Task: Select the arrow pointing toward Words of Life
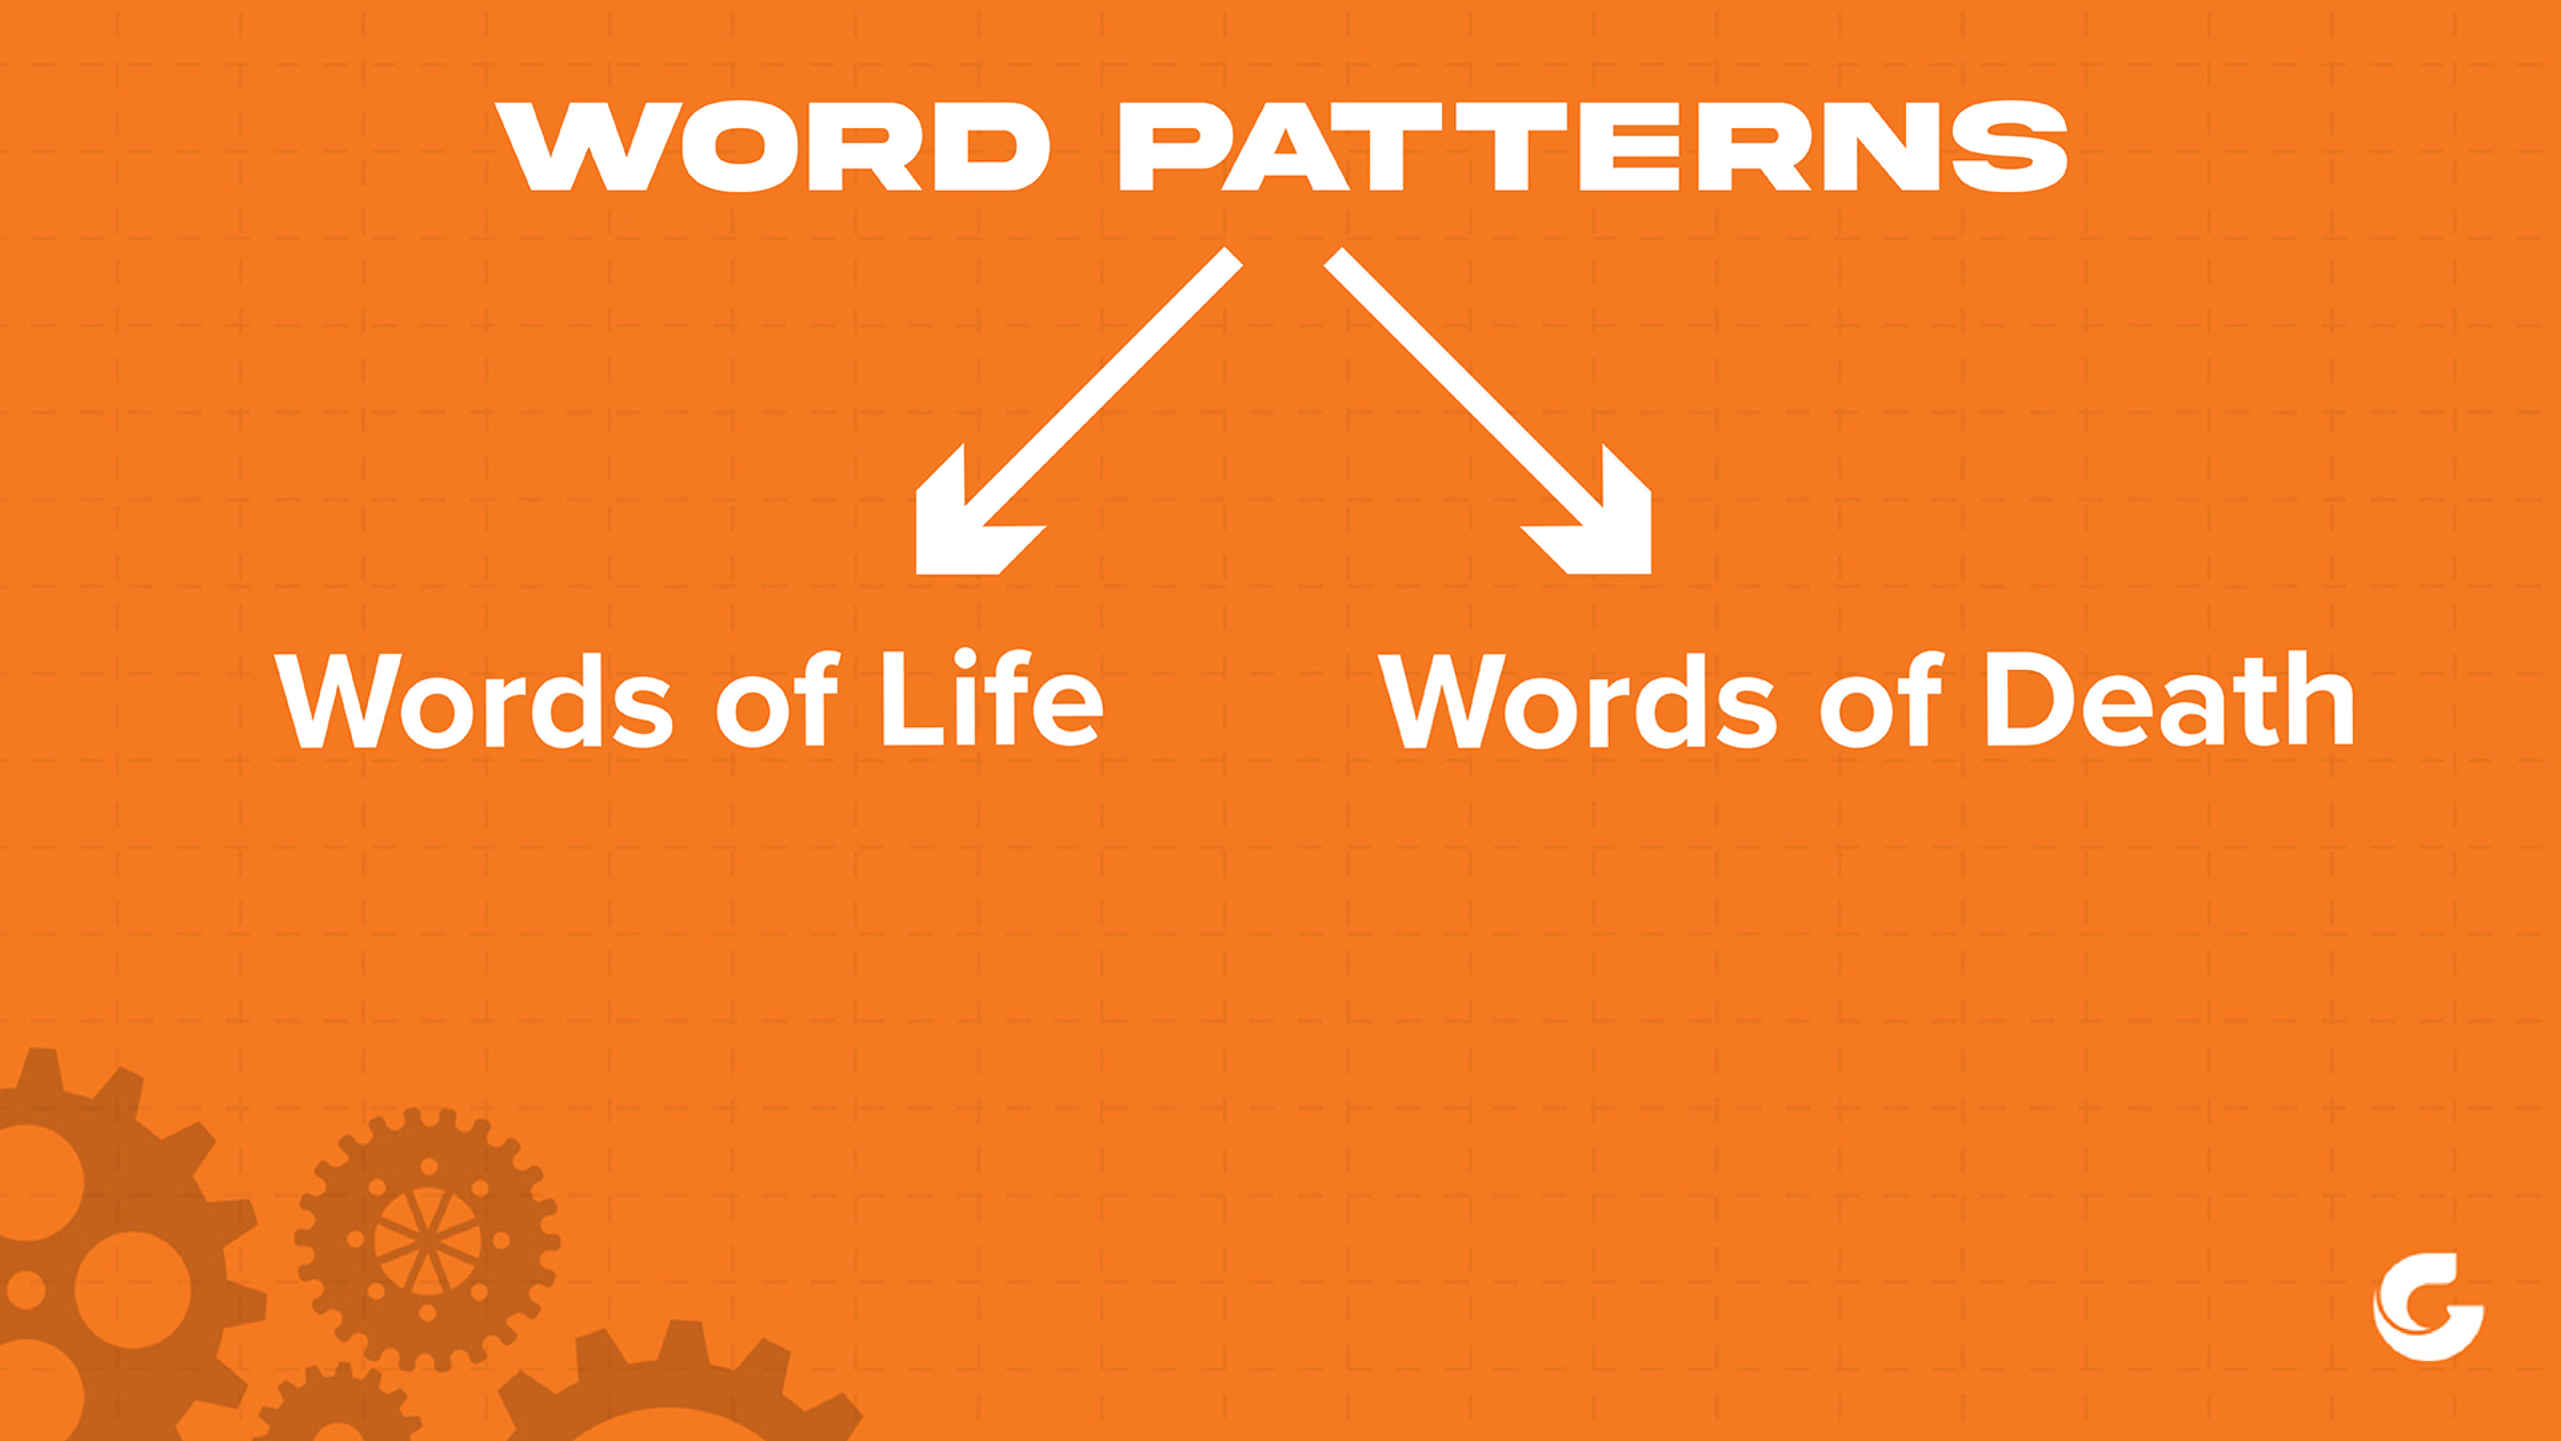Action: click(1079, 411)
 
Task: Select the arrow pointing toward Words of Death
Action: click(1489, 411)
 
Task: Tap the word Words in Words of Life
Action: click(473, 701)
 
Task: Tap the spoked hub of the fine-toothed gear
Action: click(428, 1240)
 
